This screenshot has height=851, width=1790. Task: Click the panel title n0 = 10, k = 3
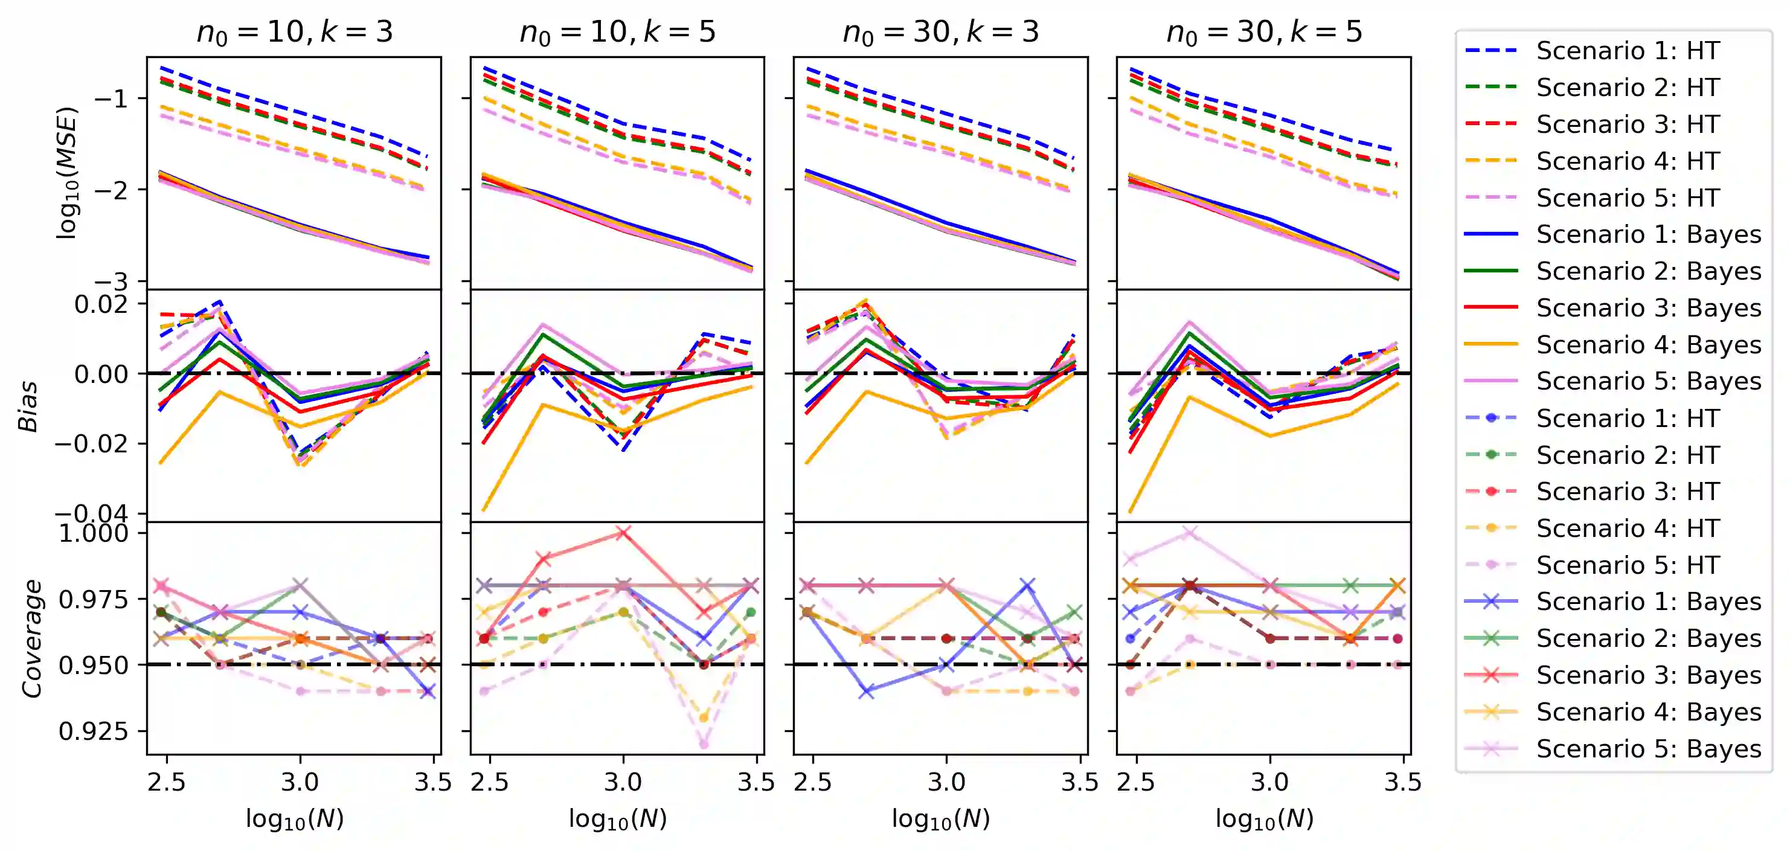pyautogui.click(x=294, y=32)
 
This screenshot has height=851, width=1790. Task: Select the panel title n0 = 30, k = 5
pyautogui.click(x=1263, y=32)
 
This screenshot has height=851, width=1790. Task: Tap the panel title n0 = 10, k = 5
pyautogui.click(x=617, y=32)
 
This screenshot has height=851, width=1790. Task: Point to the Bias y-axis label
pyautogui.click(x=28, y=406)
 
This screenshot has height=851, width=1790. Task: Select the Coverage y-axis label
pyautogui.click(x=32, y=638)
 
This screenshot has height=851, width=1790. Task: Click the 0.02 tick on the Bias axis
pyautogui.click(x=101, y=304)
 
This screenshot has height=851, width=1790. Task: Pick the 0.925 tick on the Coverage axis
pyautogui.click(x=94, y=731)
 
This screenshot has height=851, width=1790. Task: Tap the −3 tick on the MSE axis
pyautogui.click(x=111, y=282)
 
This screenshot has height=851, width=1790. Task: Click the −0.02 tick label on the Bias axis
pyautogui.click(x=92, y=444)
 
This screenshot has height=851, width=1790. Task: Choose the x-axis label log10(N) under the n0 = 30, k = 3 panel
pyautogui.click(x=940, y=819)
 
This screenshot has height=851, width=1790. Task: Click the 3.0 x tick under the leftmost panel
pyautogui.click(x=300, y=782)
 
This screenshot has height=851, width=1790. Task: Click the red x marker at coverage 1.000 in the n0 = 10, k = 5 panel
pyautogui.click(x=623, y=533)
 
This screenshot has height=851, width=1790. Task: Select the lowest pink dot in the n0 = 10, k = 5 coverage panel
pyautogui.click(x=704, y=744)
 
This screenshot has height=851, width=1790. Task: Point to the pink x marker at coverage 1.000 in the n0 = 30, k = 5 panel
pyautogui.click(x=1190, y=533)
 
